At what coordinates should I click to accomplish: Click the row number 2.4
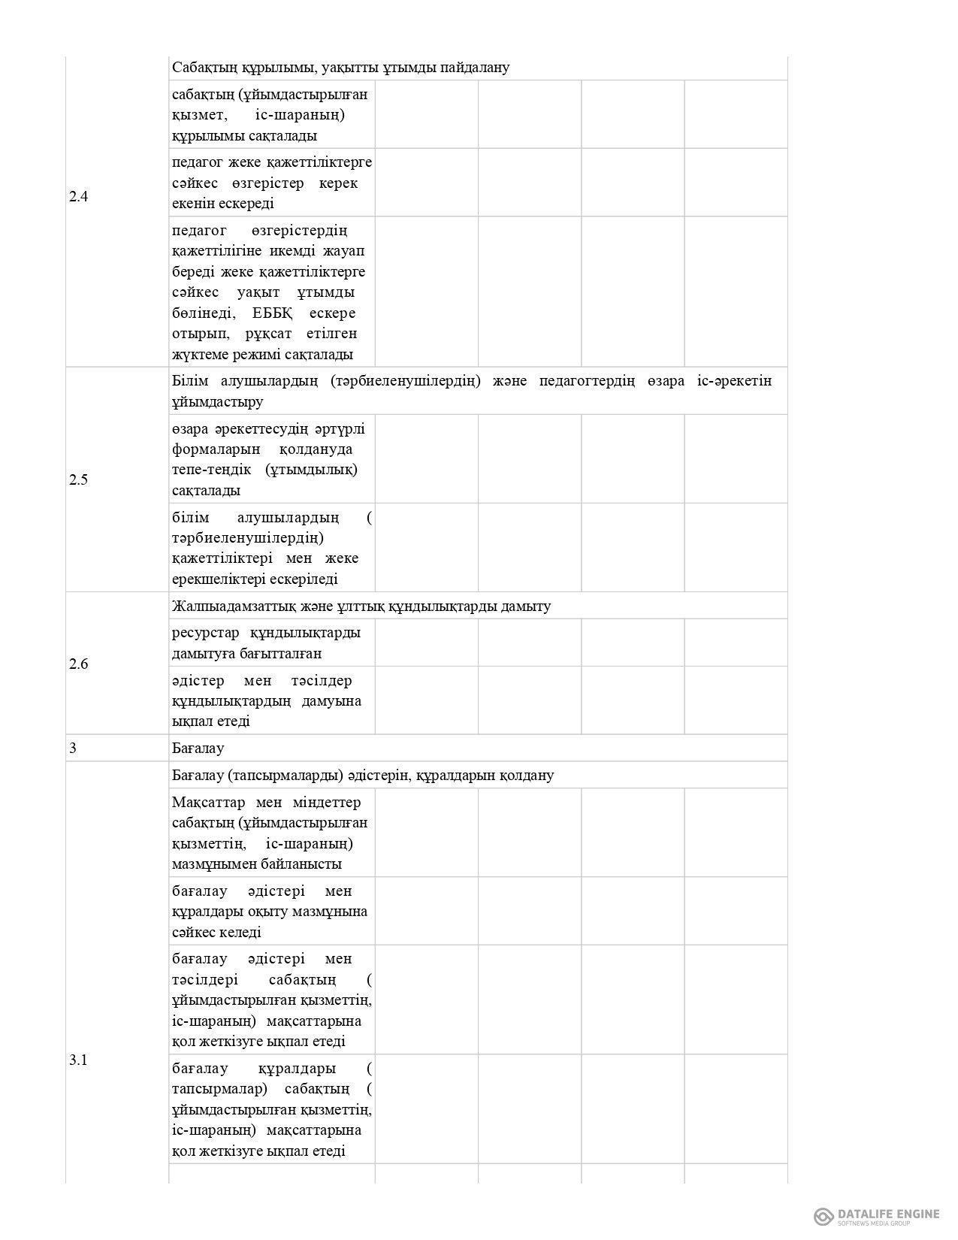[x=78, y=197]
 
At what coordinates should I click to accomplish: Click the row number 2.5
[x=78, y=480]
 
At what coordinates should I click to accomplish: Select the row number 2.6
[x=78, y=664]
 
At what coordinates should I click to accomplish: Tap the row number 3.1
[x=78, y=1060]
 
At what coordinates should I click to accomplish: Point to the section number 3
[x=72, y=749]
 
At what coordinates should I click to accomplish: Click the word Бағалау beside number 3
[x=198, y=749]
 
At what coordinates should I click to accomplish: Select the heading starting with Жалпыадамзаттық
[x=361, y=606]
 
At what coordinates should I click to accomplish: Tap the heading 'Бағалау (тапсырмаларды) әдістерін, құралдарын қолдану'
[x=362, y=775]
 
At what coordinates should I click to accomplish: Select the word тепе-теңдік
[x=211, y=470]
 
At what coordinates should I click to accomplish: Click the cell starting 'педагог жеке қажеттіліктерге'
[x=271, y=183]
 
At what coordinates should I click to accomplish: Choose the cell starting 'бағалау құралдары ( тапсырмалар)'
[x=271, y=1109]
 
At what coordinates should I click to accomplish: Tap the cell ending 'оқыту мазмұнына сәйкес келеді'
[x=271, y=912]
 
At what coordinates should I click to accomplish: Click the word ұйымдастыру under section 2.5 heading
[x=217, y=402]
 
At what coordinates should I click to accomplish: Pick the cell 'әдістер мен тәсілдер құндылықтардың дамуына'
[x=271, y=700]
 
